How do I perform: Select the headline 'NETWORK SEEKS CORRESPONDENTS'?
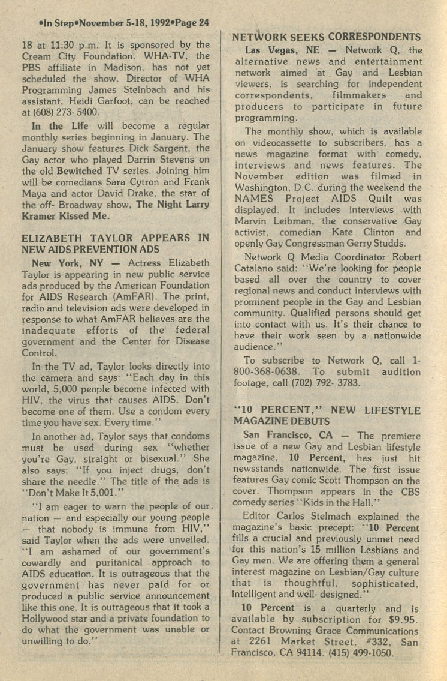tap(327, 37)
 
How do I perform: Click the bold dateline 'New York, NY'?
tap(58, 263)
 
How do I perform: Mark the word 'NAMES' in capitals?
tap(253, 199)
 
